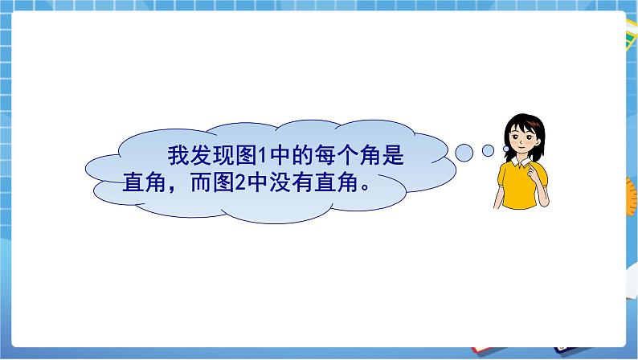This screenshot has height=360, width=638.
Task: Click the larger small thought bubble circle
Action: (464, 151)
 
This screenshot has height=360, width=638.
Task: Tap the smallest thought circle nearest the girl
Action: (488, 150)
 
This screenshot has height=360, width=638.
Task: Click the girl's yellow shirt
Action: (514, 189)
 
